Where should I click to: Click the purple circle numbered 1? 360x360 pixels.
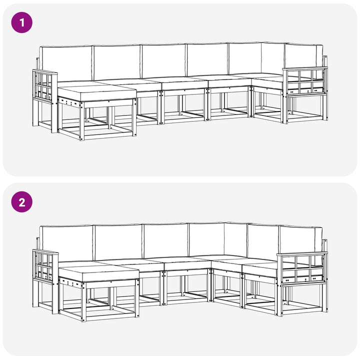click(x=22, y=22)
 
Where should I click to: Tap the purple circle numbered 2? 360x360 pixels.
click(x=22, y=202)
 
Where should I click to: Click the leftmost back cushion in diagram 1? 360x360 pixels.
click(x=65, y=63)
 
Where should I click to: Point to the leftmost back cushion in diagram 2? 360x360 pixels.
click(x=66, y=243)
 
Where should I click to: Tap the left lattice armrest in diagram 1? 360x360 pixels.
click(x=45, y=86)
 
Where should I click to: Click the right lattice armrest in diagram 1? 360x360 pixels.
click(x=305, y=81)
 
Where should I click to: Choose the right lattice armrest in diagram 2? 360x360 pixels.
click(x=302, y=268)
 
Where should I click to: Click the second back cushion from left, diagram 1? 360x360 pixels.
click(x=116, y=62)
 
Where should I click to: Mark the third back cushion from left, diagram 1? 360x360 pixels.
click(x=163, y=60)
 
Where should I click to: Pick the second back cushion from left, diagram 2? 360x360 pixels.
click(x=118, y=242)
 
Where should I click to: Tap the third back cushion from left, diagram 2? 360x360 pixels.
click(x=166, y=240)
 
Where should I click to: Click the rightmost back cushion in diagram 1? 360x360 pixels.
click(x=303, y=56)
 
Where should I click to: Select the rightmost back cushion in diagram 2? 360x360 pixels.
click(x=300, y=239)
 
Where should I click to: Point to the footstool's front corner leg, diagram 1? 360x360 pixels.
click(x=81, y=121)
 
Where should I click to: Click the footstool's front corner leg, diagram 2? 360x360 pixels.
click(x=83, y=301)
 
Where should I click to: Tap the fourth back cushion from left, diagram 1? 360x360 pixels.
click(x=207, y=59)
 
